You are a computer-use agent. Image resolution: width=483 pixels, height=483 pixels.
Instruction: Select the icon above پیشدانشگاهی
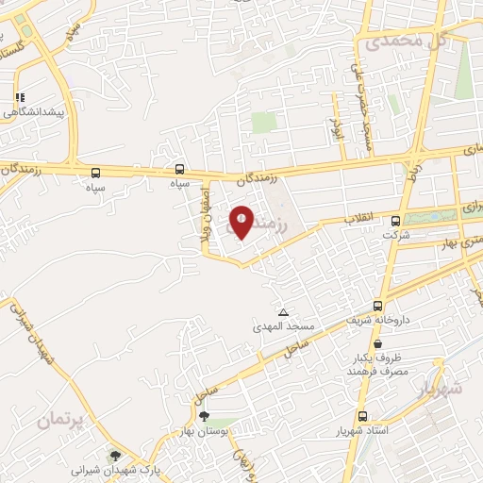(x=19, y=97)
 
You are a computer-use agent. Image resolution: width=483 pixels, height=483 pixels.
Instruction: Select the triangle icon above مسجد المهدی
(x=282, y=312)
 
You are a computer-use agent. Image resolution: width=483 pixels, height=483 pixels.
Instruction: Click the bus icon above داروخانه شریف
(x=378, y=306)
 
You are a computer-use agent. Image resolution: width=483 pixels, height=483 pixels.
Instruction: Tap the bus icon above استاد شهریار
(x=362, y=416)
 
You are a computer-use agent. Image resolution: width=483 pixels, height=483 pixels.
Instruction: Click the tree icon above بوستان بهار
(x=205, y=415)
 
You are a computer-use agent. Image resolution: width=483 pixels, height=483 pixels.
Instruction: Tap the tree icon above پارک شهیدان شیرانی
(x=116, y=455)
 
